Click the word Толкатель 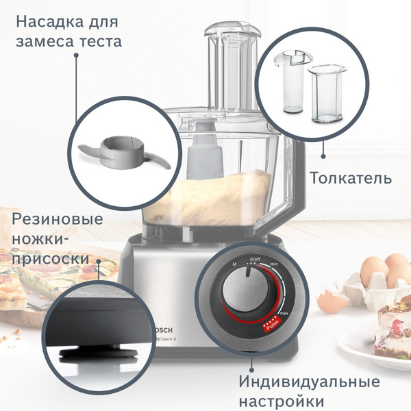[351, 179]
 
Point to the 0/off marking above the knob [256, 259]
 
